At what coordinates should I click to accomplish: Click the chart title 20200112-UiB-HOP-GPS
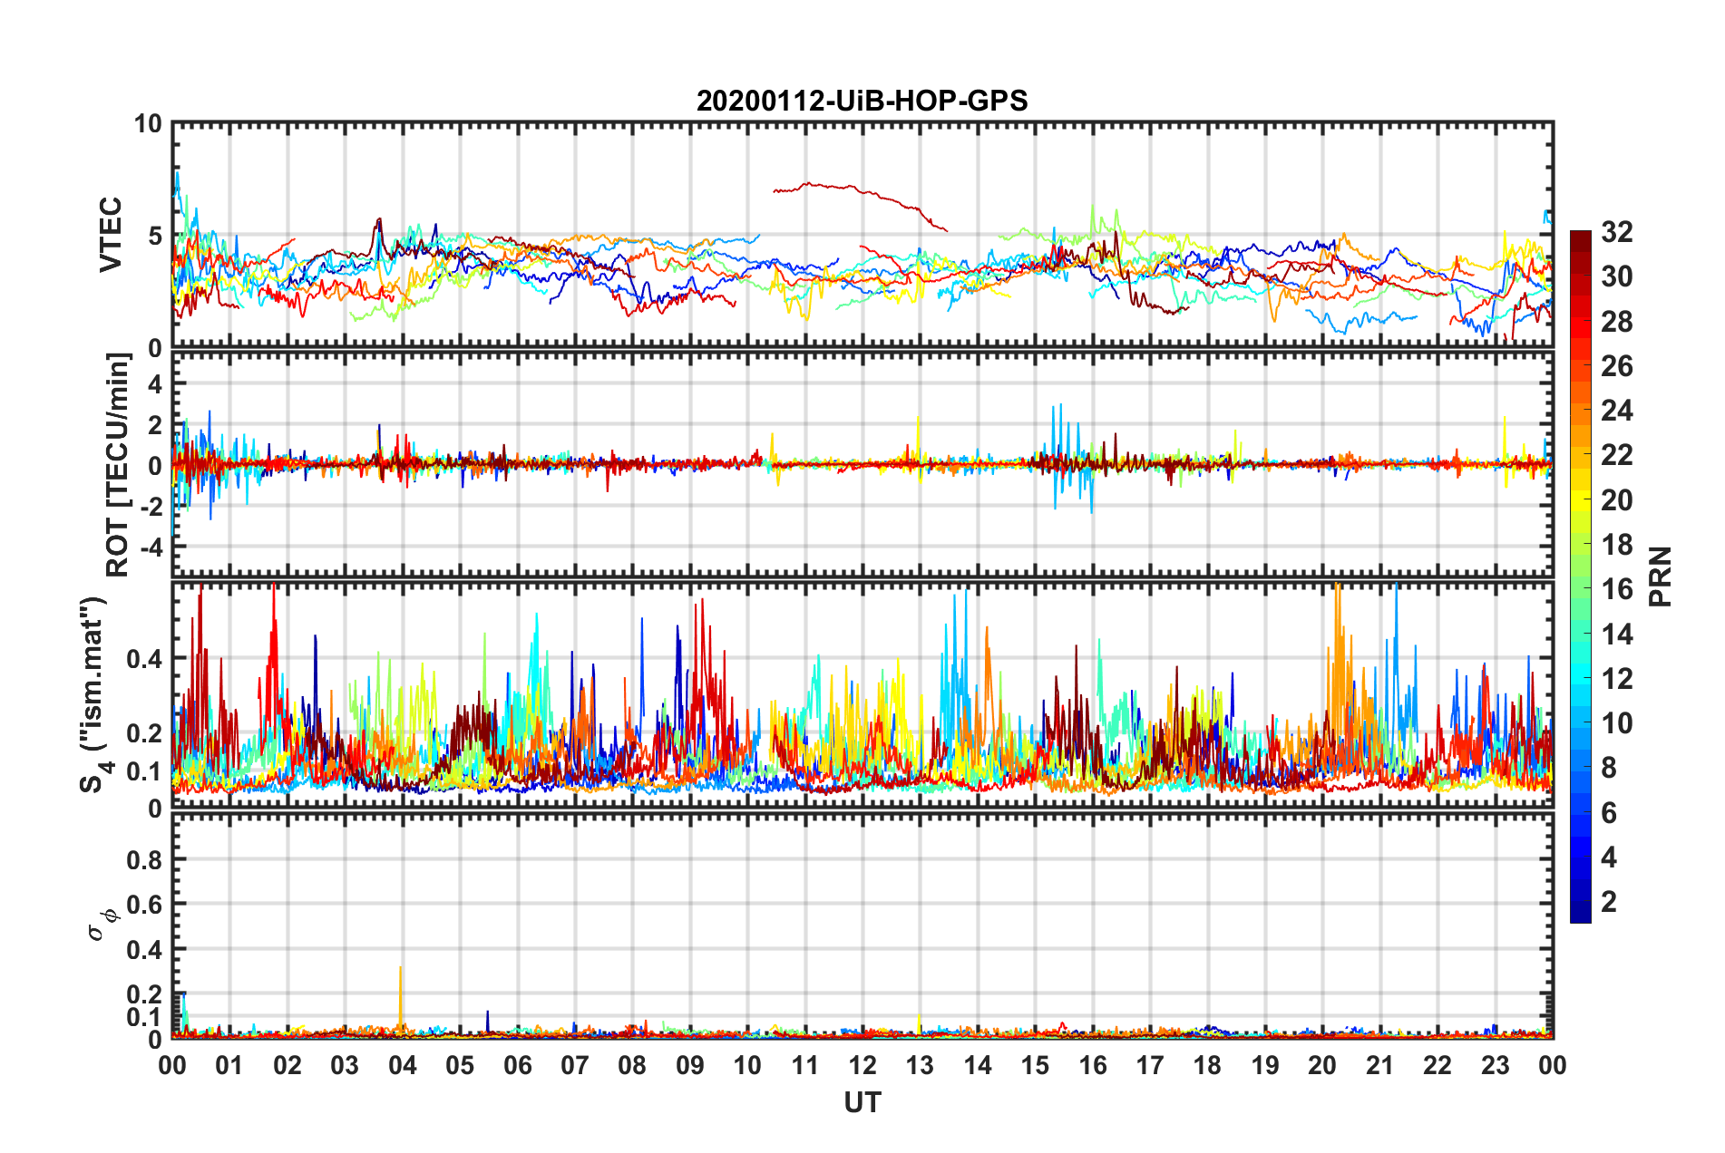pyautogui.click(x=862, y=101)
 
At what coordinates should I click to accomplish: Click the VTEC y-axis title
pyautogui.click(x=111, y=234)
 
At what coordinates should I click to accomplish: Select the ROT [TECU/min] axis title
pyautogui.click(x=118, y=465)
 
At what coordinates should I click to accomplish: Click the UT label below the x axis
pyautogui.click(x=862, y=1103)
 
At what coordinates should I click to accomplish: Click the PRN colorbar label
pyautogui.click(x=1661, y=576)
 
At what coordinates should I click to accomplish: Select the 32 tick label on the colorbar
pyautogui.click(x=1616, y=232)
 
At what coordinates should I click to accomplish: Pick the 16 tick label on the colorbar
pyautogui.click(x=1616, y=589)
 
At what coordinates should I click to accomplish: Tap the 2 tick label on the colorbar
pyautogui.click(x=1609, y=901)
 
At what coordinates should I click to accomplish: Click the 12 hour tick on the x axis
pyautogui.click(x=862, y=1065)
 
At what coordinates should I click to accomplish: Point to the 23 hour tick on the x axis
pyautogui.click(x=1495, y=1065)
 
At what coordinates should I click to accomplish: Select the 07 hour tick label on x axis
pyautogui.click(x=575, y=1065)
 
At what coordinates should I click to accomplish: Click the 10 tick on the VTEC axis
pyautogui.click(x=148, y=124)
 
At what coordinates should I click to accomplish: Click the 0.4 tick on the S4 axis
pyautogui.click(x=145, y=659)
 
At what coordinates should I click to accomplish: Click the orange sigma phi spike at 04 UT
pyautogui.click(x=401, y=997)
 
